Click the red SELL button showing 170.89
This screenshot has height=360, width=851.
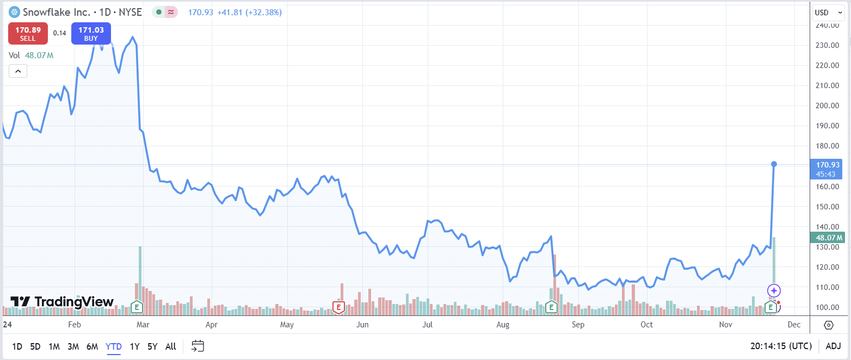pos(28,33)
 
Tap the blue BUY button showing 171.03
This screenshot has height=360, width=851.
pos(91,33)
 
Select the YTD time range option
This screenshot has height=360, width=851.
pos(114,346)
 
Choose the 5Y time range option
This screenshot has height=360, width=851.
pos(152,346)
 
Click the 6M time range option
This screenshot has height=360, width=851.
pos(92,346)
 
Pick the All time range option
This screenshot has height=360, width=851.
pos(170,346)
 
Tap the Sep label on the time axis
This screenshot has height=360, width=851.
pos(578,325)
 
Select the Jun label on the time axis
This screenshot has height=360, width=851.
pos(362,325)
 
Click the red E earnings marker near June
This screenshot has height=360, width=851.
pos(338,308)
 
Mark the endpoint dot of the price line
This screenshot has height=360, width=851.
pos(774,164)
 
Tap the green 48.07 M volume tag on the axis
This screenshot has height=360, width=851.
pos(827,238)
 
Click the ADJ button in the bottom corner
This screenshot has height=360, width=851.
pos(833,346)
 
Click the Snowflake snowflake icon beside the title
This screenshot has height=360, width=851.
pos(14,12)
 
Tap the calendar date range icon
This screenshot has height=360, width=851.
pos(198,346)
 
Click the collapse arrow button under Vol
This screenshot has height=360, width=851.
pos(17,71)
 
